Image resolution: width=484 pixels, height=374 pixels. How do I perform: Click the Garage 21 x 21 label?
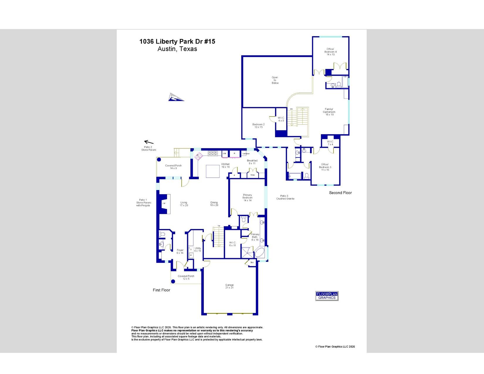[x=229, y=286]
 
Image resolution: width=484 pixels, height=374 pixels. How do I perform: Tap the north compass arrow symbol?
[x=175, y=97]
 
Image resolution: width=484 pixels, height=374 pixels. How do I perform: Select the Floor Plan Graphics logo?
[x=327, y=296]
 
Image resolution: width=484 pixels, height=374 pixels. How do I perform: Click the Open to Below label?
[x=275, y=80]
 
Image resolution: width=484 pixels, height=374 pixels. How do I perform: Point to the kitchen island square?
[x=213, y=171]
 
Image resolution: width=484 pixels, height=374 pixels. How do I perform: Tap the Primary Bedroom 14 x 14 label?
[x=247, y=198]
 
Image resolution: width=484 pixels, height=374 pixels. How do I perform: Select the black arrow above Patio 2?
[x=149, y=142]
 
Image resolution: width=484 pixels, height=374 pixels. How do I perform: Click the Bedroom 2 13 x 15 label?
[x=258, y=126]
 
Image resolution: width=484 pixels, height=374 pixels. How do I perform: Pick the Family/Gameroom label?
[x=329, y=112]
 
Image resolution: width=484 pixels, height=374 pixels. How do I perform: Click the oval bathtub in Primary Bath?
[x=259, y=253]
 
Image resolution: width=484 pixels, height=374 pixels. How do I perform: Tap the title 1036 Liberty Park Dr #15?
[x=177, y=41]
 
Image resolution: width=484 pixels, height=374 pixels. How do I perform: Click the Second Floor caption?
[x=340, y=193]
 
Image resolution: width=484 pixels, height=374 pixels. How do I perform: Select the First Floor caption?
[x=161, y=290]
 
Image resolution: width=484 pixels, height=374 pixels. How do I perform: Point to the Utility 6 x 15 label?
[x=198, y=250]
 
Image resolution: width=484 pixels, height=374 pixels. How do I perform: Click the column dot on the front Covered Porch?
[x=173, y=282]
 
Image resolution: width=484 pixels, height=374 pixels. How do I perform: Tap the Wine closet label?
[x=253, y=175]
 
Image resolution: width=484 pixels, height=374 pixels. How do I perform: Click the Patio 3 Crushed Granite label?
[x=285, y=197]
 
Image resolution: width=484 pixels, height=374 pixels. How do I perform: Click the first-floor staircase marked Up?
[x=218, y=237]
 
